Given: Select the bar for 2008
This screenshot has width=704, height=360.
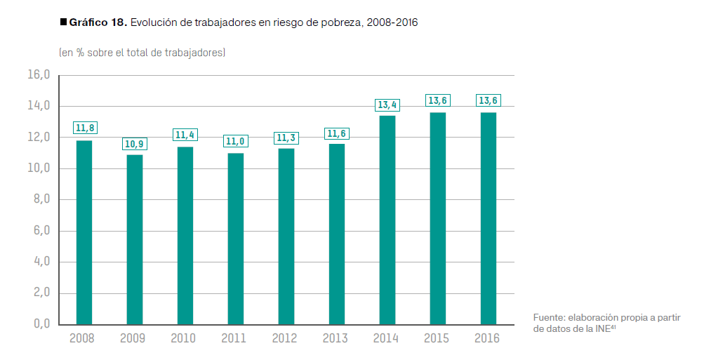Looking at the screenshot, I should coord(84,232).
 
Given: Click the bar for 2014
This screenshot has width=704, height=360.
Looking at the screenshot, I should coord(387,220).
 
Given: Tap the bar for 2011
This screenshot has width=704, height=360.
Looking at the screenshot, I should coord(236,239).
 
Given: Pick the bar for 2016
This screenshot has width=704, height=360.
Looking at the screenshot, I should coord(489,218).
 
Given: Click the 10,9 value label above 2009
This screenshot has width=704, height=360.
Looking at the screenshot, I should coord(135,144).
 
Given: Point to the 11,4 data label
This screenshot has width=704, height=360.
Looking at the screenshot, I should coord(185,135).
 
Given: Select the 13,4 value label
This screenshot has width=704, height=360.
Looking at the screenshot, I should coord(387,105).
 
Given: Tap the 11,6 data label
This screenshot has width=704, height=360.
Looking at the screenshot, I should coord(337,133).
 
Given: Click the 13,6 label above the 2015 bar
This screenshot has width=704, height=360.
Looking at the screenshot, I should coord(438,100).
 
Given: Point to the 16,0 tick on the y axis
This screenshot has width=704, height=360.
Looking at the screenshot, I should coord(39,75).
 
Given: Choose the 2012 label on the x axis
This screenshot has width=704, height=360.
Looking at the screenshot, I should coord(284,339).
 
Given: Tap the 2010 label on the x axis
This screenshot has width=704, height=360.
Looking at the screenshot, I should coord(183,339).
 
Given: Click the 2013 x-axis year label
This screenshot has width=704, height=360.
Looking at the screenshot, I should coord(335,339).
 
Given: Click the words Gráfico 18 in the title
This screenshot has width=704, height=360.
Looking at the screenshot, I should coord(98,22).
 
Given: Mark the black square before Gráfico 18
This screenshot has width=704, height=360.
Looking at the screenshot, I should coord(64,22).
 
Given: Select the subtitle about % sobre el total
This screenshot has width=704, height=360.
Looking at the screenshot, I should coord(142,53).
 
